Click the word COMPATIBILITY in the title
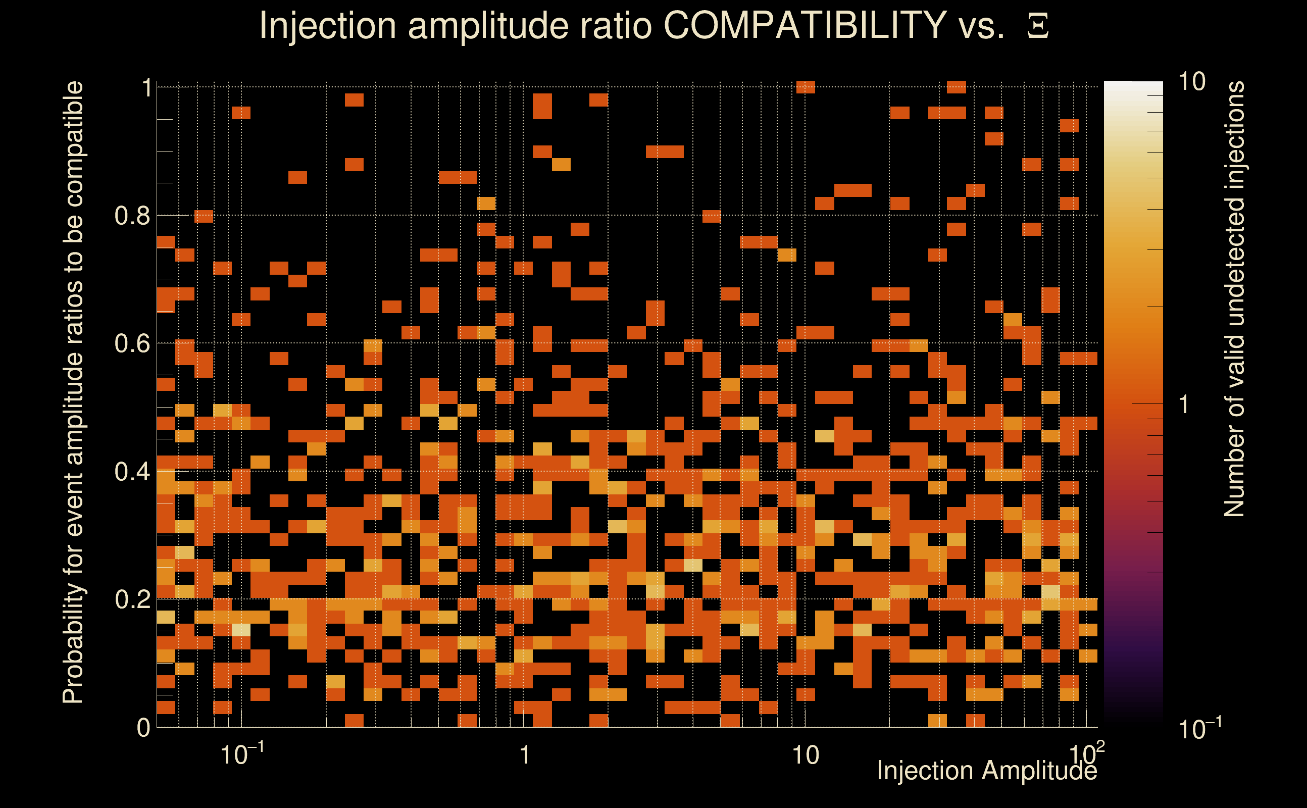(x=805, y=25)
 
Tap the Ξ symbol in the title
(x=1038, y=26)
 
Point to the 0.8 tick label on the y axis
(x=133, y=216)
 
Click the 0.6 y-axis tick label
(x=133, y=343)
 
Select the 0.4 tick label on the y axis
(x=133, y=472)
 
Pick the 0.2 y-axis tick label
(x=133, y=599)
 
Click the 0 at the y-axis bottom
(x=143, y=728)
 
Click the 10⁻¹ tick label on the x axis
(x=241, y=754)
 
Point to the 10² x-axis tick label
(x=1086, y=753)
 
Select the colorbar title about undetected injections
(x=1234, y=299)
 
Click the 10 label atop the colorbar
(x=1191, y=82)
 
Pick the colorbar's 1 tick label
(x=1184, y=405)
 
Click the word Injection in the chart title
(x=328, y=25)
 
